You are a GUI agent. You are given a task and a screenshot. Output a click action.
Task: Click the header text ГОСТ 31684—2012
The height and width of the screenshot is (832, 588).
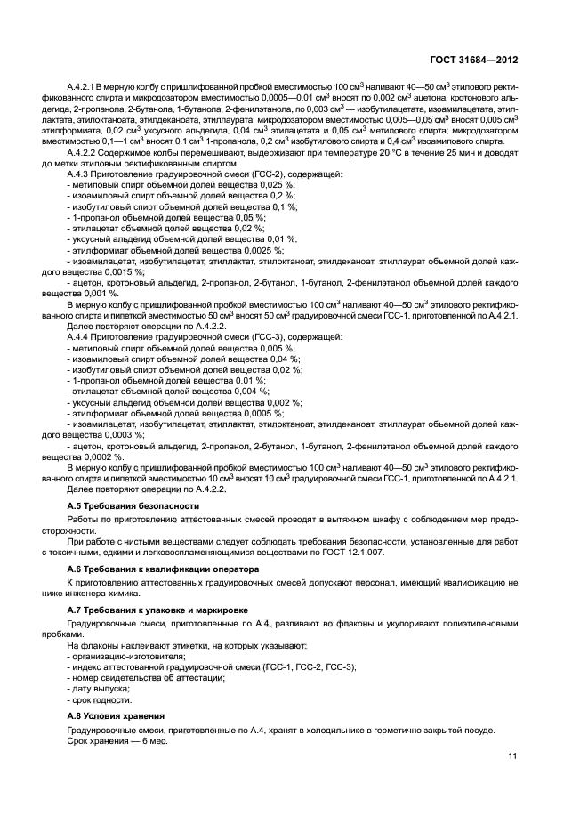[474, 60]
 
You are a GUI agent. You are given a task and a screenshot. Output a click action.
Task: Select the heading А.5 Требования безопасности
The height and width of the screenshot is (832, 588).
[124, 505]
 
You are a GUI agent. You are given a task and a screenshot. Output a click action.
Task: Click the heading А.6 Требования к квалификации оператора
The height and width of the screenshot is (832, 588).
[163, 568]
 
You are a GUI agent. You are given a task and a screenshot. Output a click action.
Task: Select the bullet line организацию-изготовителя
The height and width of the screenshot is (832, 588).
[128, 655]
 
